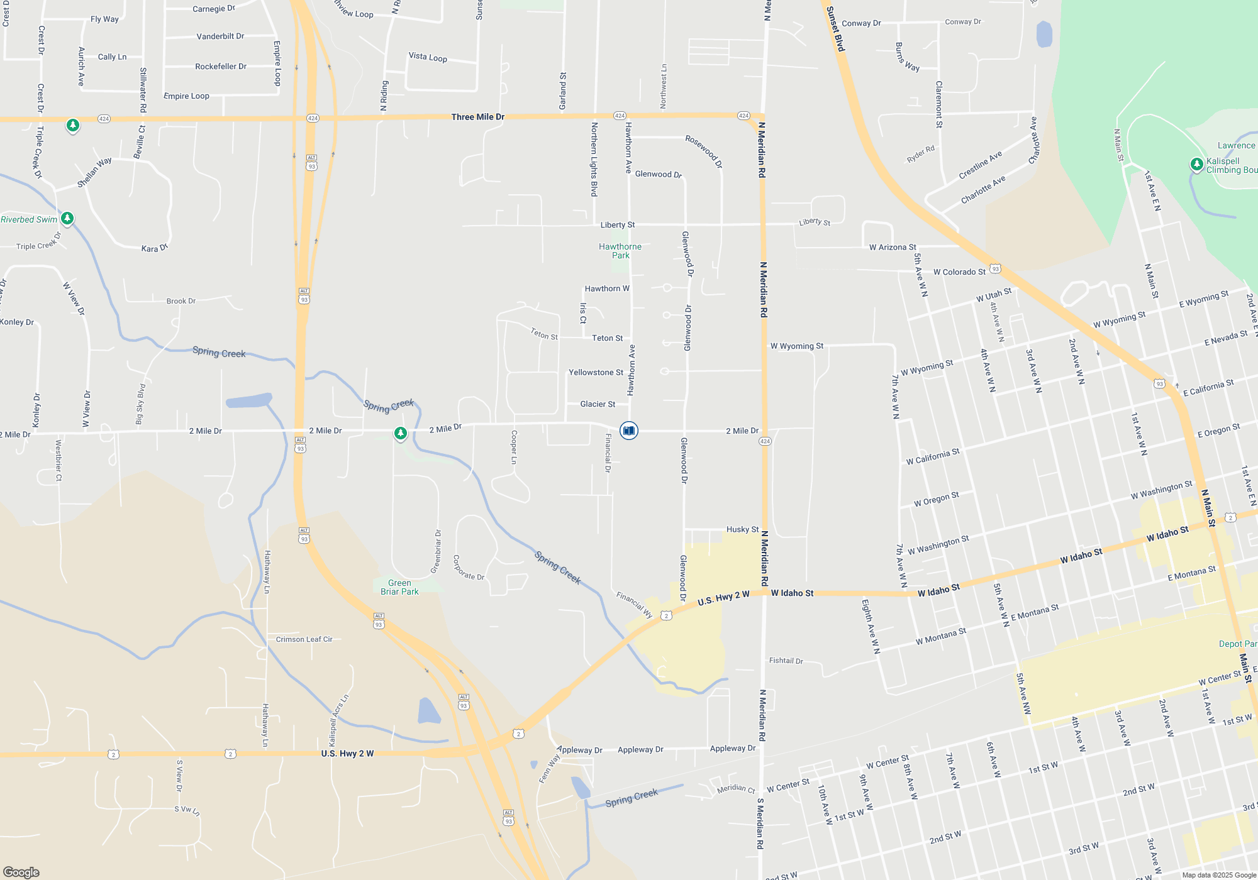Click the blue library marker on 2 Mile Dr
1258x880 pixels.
(628, 431)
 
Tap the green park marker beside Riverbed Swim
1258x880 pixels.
(67, 219)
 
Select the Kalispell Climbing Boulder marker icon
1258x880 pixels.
(1196, 165)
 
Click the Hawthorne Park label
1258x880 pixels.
(620, 251)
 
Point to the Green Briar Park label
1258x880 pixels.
(399, 587)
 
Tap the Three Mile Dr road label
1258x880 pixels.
(477, 117)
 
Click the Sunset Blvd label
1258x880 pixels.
(835, 29)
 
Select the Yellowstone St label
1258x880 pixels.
(596, 373)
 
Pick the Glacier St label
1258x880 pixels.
(598, 404)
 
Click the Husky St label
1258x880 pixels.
(742, 529)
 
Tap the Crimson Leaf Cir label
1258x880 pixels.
(304, 639)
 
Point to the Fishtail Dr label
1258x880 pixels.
(786, 661)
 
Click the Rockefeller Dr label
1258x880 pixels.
(221, 66)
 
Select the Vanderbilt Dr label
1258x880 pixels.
(220, 36)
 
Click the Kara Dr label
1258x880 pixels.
(155, 248)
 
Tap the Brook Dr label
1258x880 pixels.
(181, 301)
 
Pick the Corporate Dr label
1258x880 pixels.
(469, 568)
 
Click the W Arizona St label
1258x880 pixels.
(893, 247)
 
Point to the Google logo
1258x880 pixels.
(21, 872)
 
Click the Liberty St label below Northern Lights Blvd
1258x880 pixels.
(617, 225)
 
